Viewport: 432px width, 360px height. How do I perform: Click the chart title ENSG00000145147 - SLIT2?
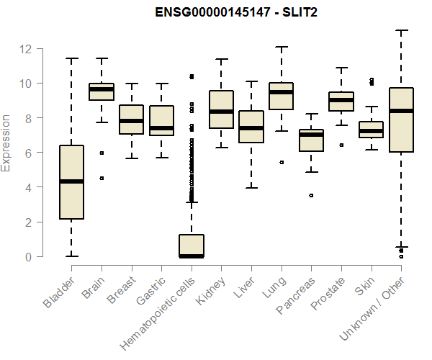[x=237, y=13]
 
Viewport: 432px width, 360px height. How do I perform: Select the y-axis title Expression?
[x=7, y=143]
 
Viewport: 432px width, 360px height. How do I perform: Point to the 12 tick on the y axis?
[x=26, y=49]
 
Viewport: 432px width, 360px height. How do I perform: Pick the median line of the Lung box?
[x=281, y=92]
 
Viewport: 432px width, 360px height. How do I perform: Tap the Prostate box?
[x=341, y=102]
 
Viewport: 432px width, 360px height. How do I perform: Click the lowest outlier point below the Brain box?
[x=102, y=178]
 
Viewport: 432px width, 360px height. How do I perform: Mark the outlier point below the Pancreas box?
[x=311, y=195]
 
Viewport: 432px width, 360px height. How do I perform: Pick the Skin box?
[x=371, y=130]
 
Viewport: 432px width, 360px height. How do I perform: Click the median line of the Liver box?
[x=251, y=128]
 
